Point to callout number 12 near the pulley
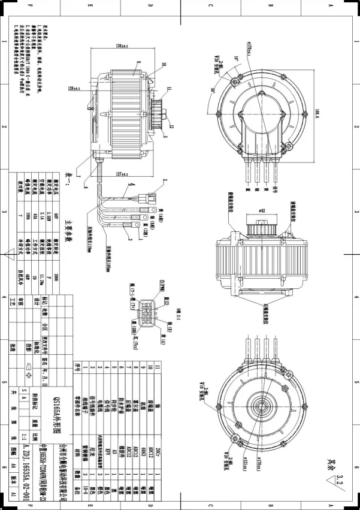(171, 126)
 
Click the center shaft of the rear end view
(260, 407)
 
